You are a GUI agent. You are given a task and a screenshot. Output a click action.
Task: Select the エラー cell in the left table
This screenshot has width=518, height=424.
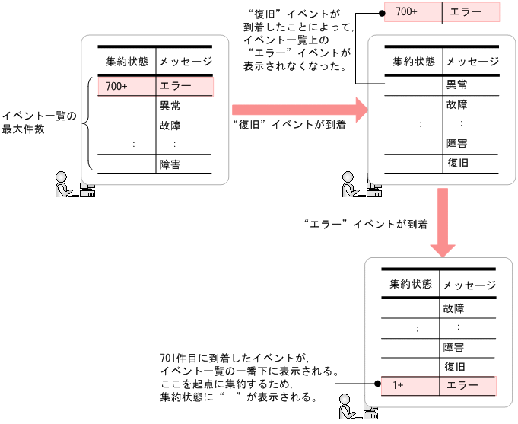pyautogui.click(x=184, y=86)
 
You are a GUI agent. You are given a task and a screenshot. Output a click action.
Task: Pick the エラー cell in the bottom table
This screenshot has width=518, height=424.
pyautogui.click(x=468, y=386)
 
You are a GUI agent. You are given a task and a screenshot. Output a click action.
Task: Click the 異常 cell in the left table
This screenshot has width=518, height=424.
pyautogui.click(x=170, y=106)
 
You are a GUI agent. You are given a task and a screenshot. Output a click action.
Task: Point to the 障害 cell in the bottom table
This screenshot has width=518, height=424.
pyautogui.click(x=454, y=348)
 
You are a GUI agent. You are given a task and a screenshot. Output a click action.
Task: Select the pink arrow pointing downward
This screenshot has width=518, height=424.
pyautogui.click(x=442, y=224)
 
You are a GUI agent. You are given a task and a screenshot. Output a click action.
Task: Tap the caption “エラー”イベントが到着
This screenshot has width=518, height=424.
pyautogui.click(x=364, y=224)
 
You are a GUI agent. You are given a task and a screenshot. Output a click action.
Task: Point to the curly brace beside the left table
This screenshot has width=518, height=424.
pyautogui.click(x=87, y=123)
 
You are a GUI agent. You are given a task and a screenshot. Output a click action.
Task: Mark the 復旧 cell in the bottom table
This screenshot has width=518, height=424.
pyautogui.click(x=454, y=367)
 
